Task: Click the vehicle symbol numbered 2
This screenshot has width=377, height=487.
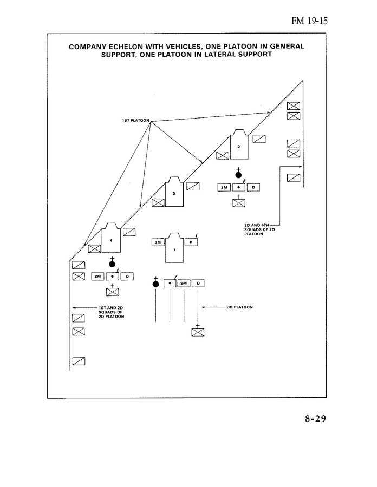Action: (239, 144)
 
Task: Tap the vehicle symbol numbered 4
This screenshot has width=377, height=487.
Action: (111, 238)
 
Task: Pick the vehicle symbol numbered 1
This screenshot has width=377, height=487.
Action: (174, 248)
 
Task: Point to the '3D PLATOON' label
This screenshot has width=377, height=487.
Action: (240, 307)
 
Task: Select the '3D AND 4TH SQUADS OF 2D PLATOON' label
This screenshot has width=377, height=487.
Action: (259, 229)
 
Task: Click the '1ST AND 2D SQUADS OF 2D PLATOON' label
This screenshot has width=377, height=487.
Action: (111, 312)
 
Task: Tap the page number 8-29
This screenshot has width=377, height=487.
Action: (315, 419)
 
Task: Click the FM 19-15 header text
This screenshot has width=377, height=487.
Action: (309, 21)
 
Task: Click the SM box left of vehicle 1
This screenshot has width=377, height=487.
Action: (158, 242)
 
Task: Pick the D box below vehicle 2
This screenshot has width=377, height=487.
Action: (253, 187)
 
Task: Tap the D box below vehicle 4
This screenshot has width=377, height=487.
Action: (127, 276)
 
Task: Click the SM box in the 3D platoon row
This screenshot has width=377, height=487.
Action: (184, 283)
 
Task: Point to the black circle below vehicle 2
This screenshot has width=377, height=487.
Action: (238, 175)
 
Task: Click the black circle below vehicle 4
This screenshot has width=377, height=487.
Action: (112, 264)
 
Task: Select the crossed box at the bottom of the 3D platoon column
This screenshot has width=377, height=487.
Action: (198, 332)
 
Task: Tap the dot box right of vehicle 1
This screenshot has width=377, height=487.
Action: (191, 242)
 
